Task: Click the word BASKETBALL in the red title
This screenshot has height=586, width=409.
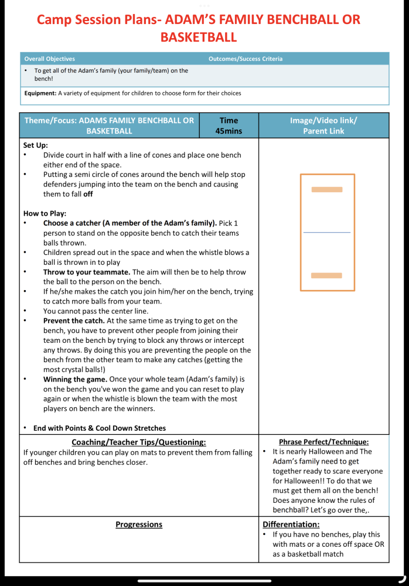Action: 198,38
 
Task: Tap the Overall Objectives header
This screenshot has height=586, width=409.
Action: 50,59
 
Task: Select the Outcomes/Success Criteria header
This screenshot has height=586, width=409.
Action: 245,59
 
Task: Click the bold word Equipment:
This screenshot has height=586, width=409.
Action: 40,93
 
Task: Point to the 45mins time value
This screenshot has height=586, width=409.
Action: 229,131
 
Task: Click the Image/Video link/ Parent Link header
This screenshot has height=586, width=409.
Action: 323,125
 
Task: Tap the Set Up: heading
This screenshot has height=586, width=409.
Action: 36,145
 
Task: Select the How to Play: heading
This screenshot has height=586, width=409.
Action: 45,213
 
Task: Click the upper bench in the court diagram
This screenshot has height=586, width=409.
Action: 327,189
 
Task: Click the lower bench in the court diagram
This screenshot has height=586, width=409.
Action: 326,275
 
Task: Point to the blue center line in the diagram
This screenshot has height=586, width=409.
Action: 326,233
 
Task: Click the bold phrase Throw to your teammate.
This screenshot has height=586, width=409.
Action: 87,272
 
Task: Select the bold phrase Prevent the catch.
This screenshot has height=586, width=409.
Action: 73,321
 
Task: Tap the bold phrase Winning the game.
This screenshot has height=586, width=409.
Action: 75,379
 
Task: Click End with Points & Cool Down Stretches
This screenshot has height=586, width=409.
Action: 99,428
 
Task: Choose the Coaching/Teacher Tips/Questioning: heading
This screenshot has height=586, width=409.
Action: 139,442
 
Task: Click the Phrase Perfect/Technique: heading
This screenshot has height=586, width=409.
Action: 323,442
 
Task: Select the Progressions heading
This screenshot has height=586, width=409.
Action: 139,524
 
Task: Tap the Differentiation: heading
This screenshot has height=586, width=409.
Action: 291,524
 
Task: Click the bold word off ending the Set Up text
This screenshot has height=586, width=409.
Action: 87,194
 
